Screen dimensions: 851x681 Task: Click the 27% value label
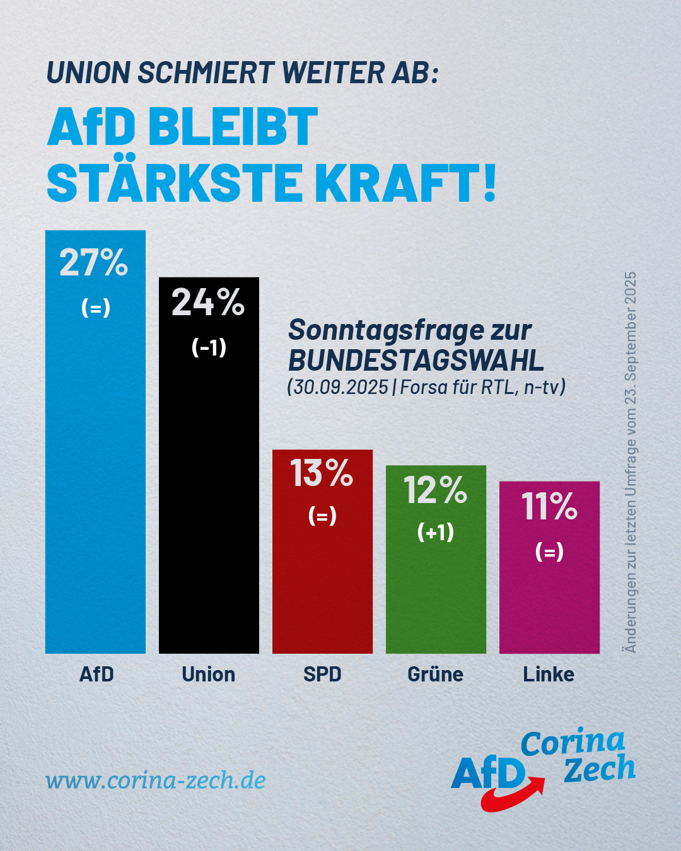click(x=94, y=263)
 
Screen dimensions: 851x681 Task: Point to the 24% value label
click(x=208, y=303)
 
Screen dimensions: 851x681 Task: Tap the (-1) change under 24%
click(x=209, y=347)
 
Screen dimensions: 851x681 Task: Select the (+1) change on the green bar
click(x=436, y=532)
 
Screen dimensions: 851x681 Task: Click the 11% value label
click(x=549, y=507)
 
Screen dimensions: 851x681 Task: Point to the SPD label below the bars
click(x=322, y=674)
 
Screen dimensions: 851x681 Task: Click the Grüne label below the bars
click(x=435, y=674)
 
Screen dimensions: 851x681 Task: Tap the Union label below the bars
click(x=208, y=674)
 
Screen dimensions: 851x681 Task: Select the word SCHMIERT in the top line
click(x=206, y=73)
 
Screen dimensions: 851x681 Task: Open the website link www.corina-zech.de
click(x=156, y=780)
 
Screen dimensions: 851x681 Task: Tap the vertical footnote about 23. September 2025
click(x=630, y=462)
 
